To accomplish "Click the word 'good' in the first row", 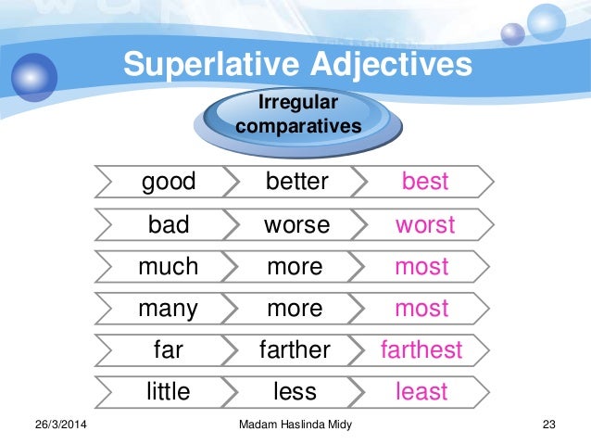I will coord(169,182).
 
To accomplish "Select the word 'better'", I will coord(296,182).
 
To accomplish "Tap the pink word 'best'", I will coord(425,182).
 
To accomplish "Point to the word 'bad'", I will coord(169,224).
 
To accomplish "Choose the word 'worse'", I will coord(296,224).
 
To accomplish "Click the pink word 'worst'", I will coord(425,224).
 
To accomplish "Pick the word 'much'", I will coord(169,267).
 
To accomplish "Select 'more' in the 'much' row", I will coord(295,267).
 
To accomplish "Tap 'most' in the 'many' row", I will coord(421,309).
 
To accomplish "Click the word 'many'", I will coord(169,309).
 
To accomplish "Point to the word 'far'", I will coord(169,350).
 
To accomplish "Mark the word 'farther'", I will coord(295,350).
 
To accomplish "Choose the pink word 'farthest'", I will coord(421,350).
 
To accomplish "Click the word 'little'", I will coord(169,392).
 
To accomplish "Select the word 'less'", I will coord(295,392).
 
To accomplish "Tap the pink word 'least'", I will coord(421,392).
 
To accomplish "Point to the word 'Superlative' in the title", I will coord(214,65).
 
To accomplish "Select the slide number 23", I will coord(547,425).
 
